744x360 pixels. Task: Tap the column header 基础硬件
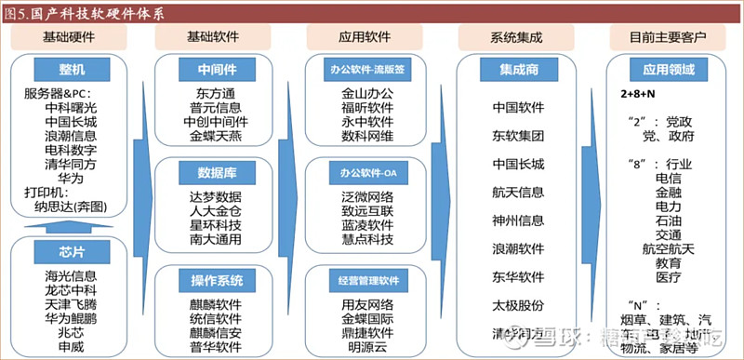70,37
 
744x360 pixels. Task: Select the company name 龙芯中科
70,290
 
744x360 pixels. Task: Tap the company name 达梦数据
216,197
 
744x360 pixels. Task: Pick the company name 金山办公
367,93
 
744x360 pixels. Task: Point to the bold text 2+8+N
638,94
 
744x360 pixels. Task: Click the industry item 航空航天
668,249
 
